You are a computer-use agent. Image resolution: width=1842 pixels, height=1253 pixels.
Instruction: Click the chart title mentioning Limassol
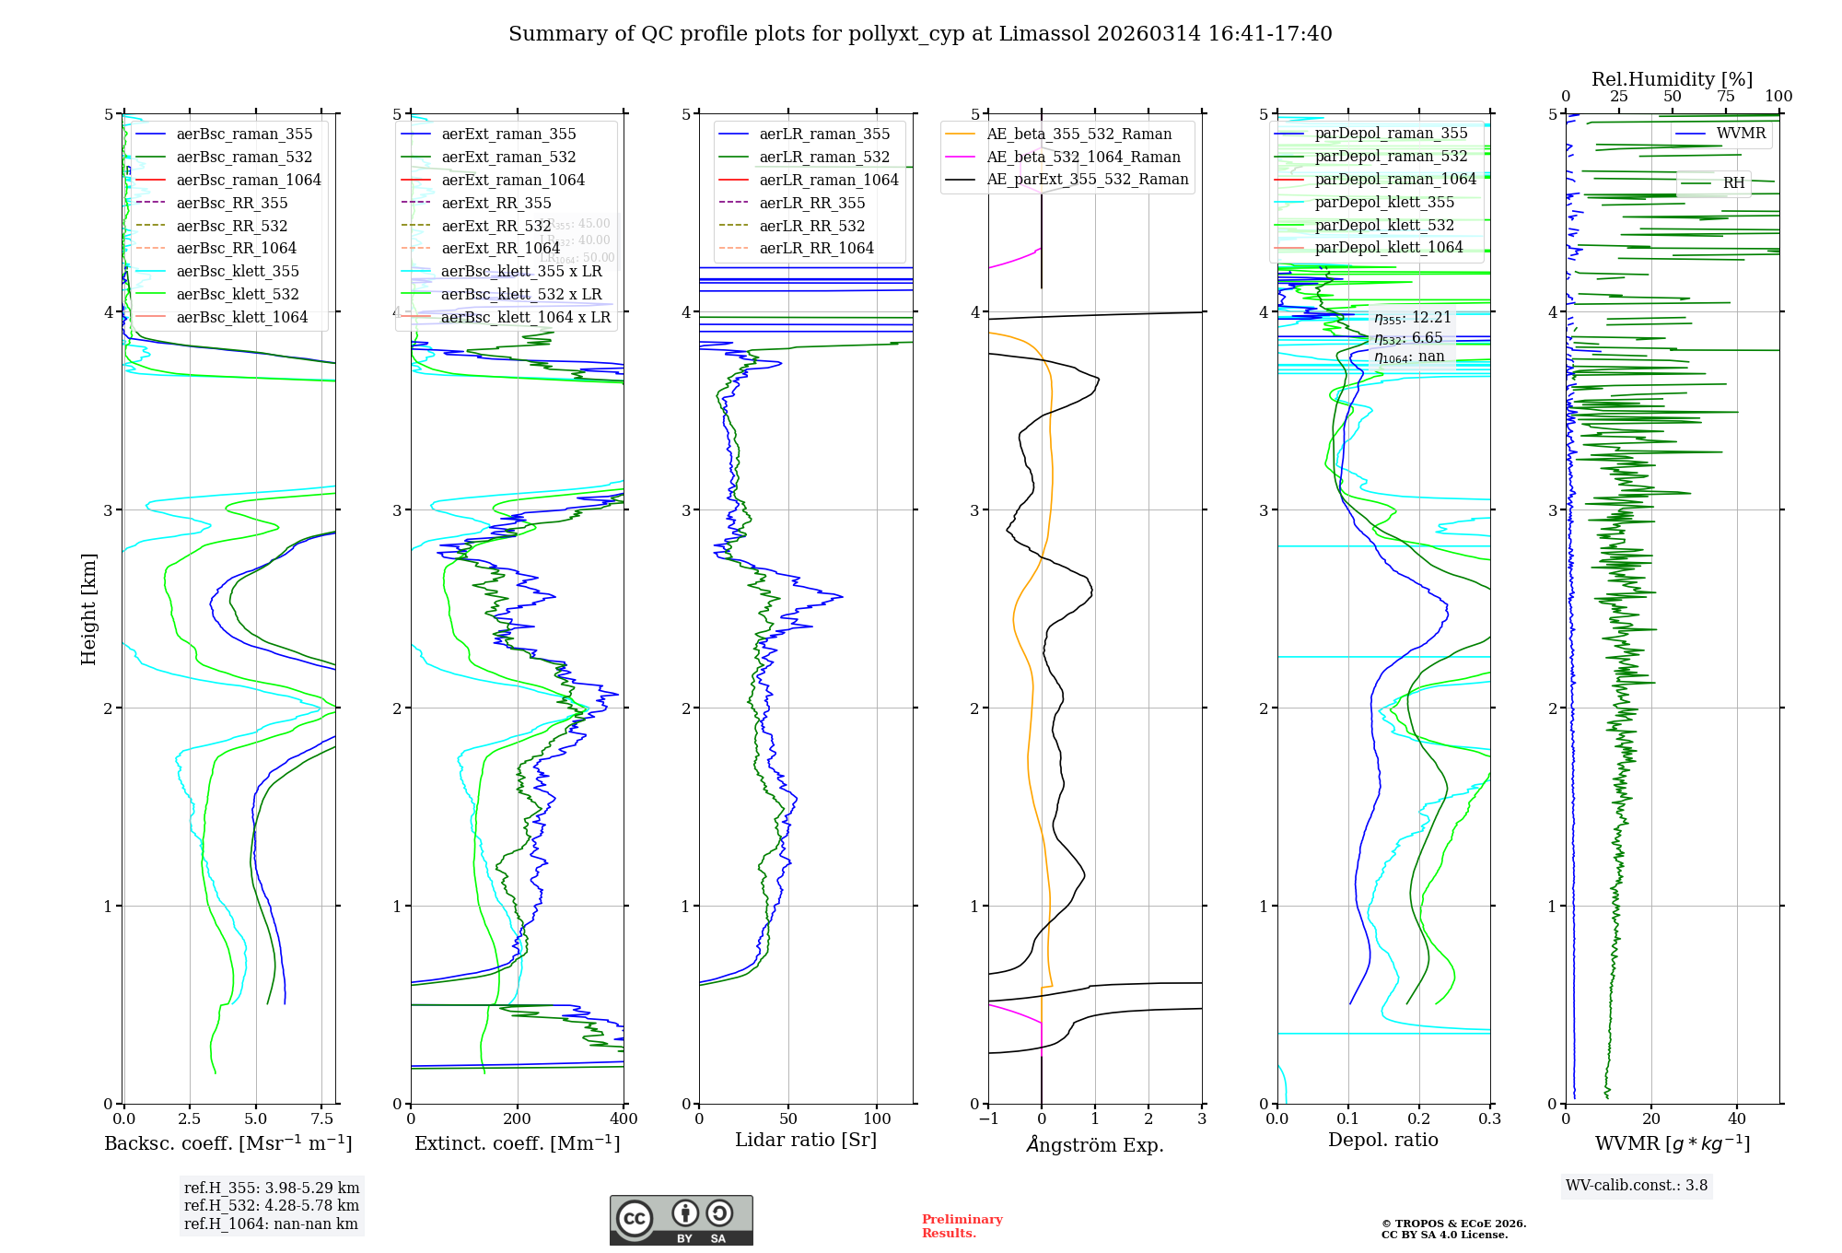click(x=920, y=34)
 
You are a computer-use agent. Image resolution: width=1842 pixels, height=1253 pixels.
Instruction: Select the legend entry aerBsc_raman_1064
click(x=249, y=180)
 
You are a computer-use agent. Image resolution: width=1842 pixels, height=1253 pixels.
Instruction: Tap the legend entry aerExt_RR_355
click(x=496, y=203)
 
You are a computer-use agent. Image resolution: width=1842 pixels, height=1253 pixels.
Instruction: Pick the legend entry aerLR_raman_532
click(x=824, y=157)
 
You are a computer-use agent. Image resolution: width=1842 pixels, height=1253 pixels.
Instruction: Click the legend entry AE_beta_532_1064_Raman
click(x=1083, y=157)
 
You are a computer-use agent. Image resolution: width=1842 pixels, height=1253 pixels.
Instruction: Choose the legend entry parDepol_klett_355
click(x=1384, y=202)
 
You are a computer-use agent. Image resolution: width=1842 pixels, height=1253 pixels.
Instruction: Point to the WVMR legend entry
click(x=1741, y=134)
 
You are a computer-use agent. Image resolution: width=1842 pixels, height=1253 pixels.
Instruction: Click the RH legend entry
click(x=1733, y=183)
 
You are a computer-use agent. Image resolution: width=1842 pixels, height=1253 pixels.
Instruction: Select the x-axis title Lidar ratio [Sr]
click(x=806, y=1140)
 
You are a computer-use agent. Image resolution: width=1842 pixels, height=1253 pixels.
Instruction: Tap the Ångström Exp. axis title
click(x=1095, y=1144)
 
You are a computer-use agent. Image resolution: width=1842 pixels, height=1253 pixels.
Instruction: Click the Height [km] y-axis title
click(x=88, y=609)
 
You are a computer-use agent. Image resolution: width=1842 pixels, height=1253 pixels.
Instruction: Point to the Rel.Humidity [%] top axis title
click(x=1672, y=79)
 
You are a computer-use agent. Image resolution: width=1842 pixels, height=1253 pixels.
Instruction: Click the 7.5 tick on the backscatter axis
click(x=321, y=1118)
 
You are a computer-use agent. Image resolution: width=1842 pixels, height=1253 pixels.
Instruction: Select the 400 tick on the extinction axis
click(x=624, y=1118)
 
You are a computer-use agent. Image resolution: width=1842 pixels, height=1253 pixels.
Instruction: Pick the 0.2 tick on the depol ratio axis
click(x=1419, y=1118)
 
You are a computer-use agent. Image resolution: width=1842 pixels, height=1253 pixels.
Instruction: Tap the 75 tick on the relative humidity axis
click(x=1725, y=96)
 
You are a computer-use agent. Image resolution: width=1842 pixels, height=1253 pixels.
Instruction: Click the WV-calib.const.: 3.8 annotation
click(x=1637, y=1186)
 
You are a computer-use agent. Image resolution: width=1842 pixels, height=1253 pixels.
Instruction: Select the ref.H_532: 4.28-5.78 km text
click(x=272, y=1205)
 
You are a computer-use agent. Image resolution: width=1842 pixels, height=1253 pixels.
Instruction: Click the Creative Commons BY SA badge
click(x=681, y=1220)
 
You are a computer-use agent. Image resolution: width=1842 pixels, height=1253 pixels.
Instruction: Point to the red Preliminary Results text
click(x=962, y=1225)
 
